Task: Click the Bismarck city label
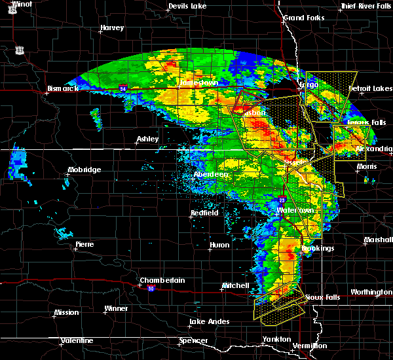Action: [63, 88]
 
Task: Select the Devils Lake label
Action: [187, 7]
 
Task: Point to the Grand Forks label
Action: [303, 18]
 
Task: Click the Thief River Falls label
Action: [365, 7]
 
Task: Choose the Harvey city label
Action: [112, 28]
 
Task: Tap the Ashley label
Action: [148, 139]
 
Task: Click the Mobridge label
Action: [84, 170]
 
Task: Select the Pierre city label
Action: [84, 244]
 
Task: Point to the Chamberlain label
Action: [162, 281]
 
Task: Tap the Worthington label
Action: [371, 292]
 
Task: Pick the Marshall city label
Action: [377, 240]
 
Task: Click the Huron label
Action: [219, 245]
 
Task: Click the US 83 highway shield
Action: [20, 50]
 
